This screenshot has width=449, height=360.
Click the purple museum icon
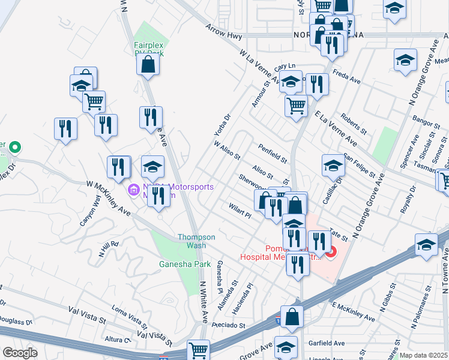[x=134, y=191]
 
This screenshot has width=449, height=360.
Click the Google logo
[x=20, y=353]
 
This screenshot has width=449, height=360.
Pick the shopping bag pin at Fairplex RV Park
[x=148, y=64]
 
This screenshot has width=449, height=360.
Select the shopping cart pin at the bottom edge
[x=198, y=350]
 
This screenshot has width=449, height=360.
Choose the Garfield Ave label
[x=329, y=343]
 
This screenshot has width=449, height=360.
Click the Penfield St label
[x=273, y=153]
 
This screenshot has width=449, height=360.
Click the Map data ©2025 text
[x=423, y=355]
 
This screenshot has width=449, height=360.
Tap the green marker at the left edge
[x=16, y=146]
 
